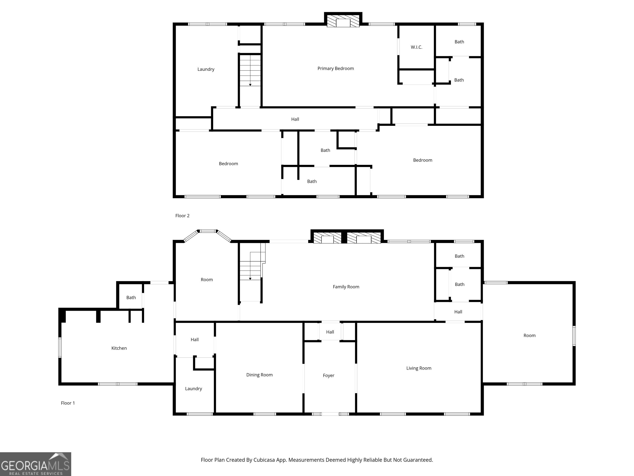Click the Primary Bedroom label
click(x=336, y=69)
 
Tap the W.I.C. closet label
click(x=416, y=47)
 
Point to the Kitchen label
click(x=119, y=348)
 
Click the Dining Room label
click(x=259, y=375)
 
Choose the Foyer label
click(x=329, y=376)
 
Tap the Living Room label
click(x=419, y=368)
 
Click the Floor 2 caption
click(x=182, y=216)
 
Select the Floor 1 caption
click(x=68, y=403)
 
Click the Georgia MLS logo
click(x=35, y=464)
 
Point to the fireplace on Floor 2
click(x=343, y=20)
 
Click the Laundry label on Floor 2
click(x=206, y=69)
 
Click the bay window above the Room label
click(x=207, y=235)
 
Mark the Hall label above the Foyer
click(x=330, y=332)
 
